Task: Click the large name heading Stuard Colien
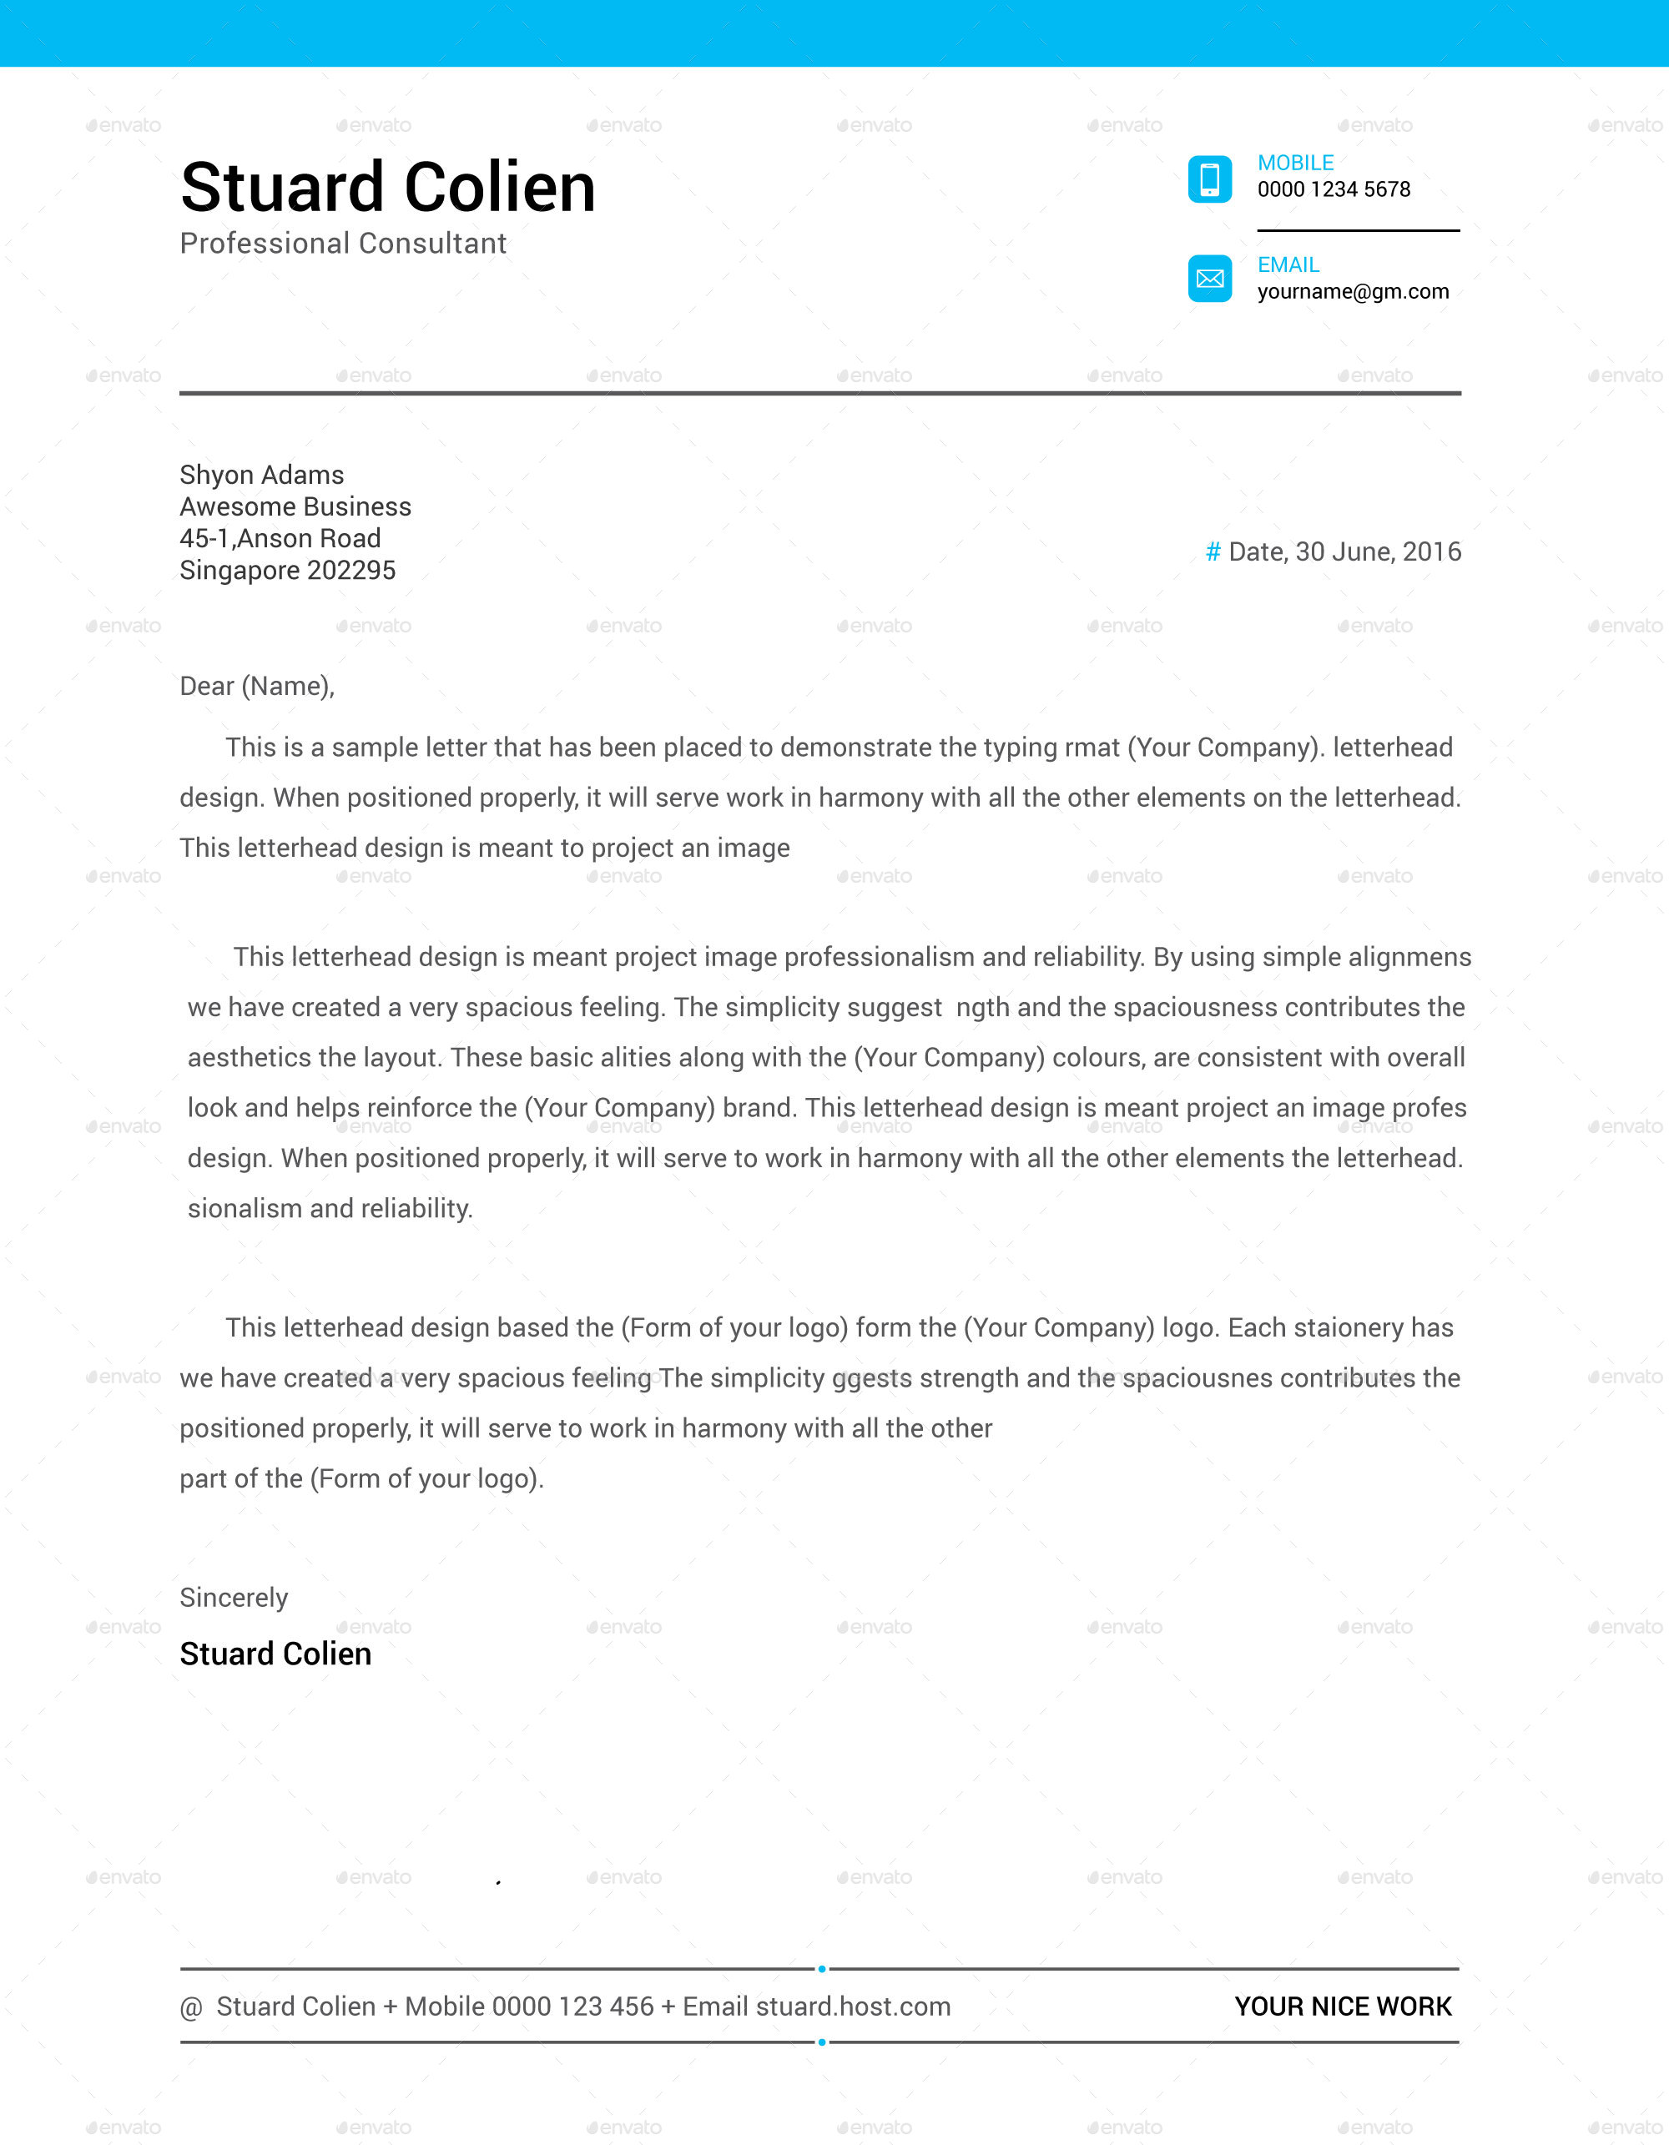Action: coord(388,187)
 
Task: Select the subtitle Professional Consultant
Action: coord(343,244)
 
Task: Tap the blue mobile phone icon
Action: coord(1209,179)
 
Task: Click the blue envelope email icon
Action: coord(1209,279)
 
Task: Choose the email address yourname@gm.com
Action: coord(1353,292)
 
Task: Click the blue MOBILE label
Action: coord(1295,163)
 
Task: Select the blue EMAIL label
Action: coord(1288,265)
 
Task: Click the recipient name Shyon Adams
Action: coord(261,476)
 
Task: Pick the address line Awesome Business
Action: coord(295,506)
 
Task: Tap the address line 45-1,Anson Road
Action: coord(280,538)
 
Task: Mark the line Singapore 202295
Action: coord(287,571)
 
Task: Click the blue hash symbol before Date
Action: coord(1213,552)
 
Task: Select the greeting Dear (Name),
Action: coord(256,687)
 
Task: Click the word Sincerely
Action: coord(234,1598)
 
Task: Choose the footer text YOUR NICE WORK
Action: coord(1342,2007)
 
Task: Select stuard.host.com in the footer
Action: coord(853,2007)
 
